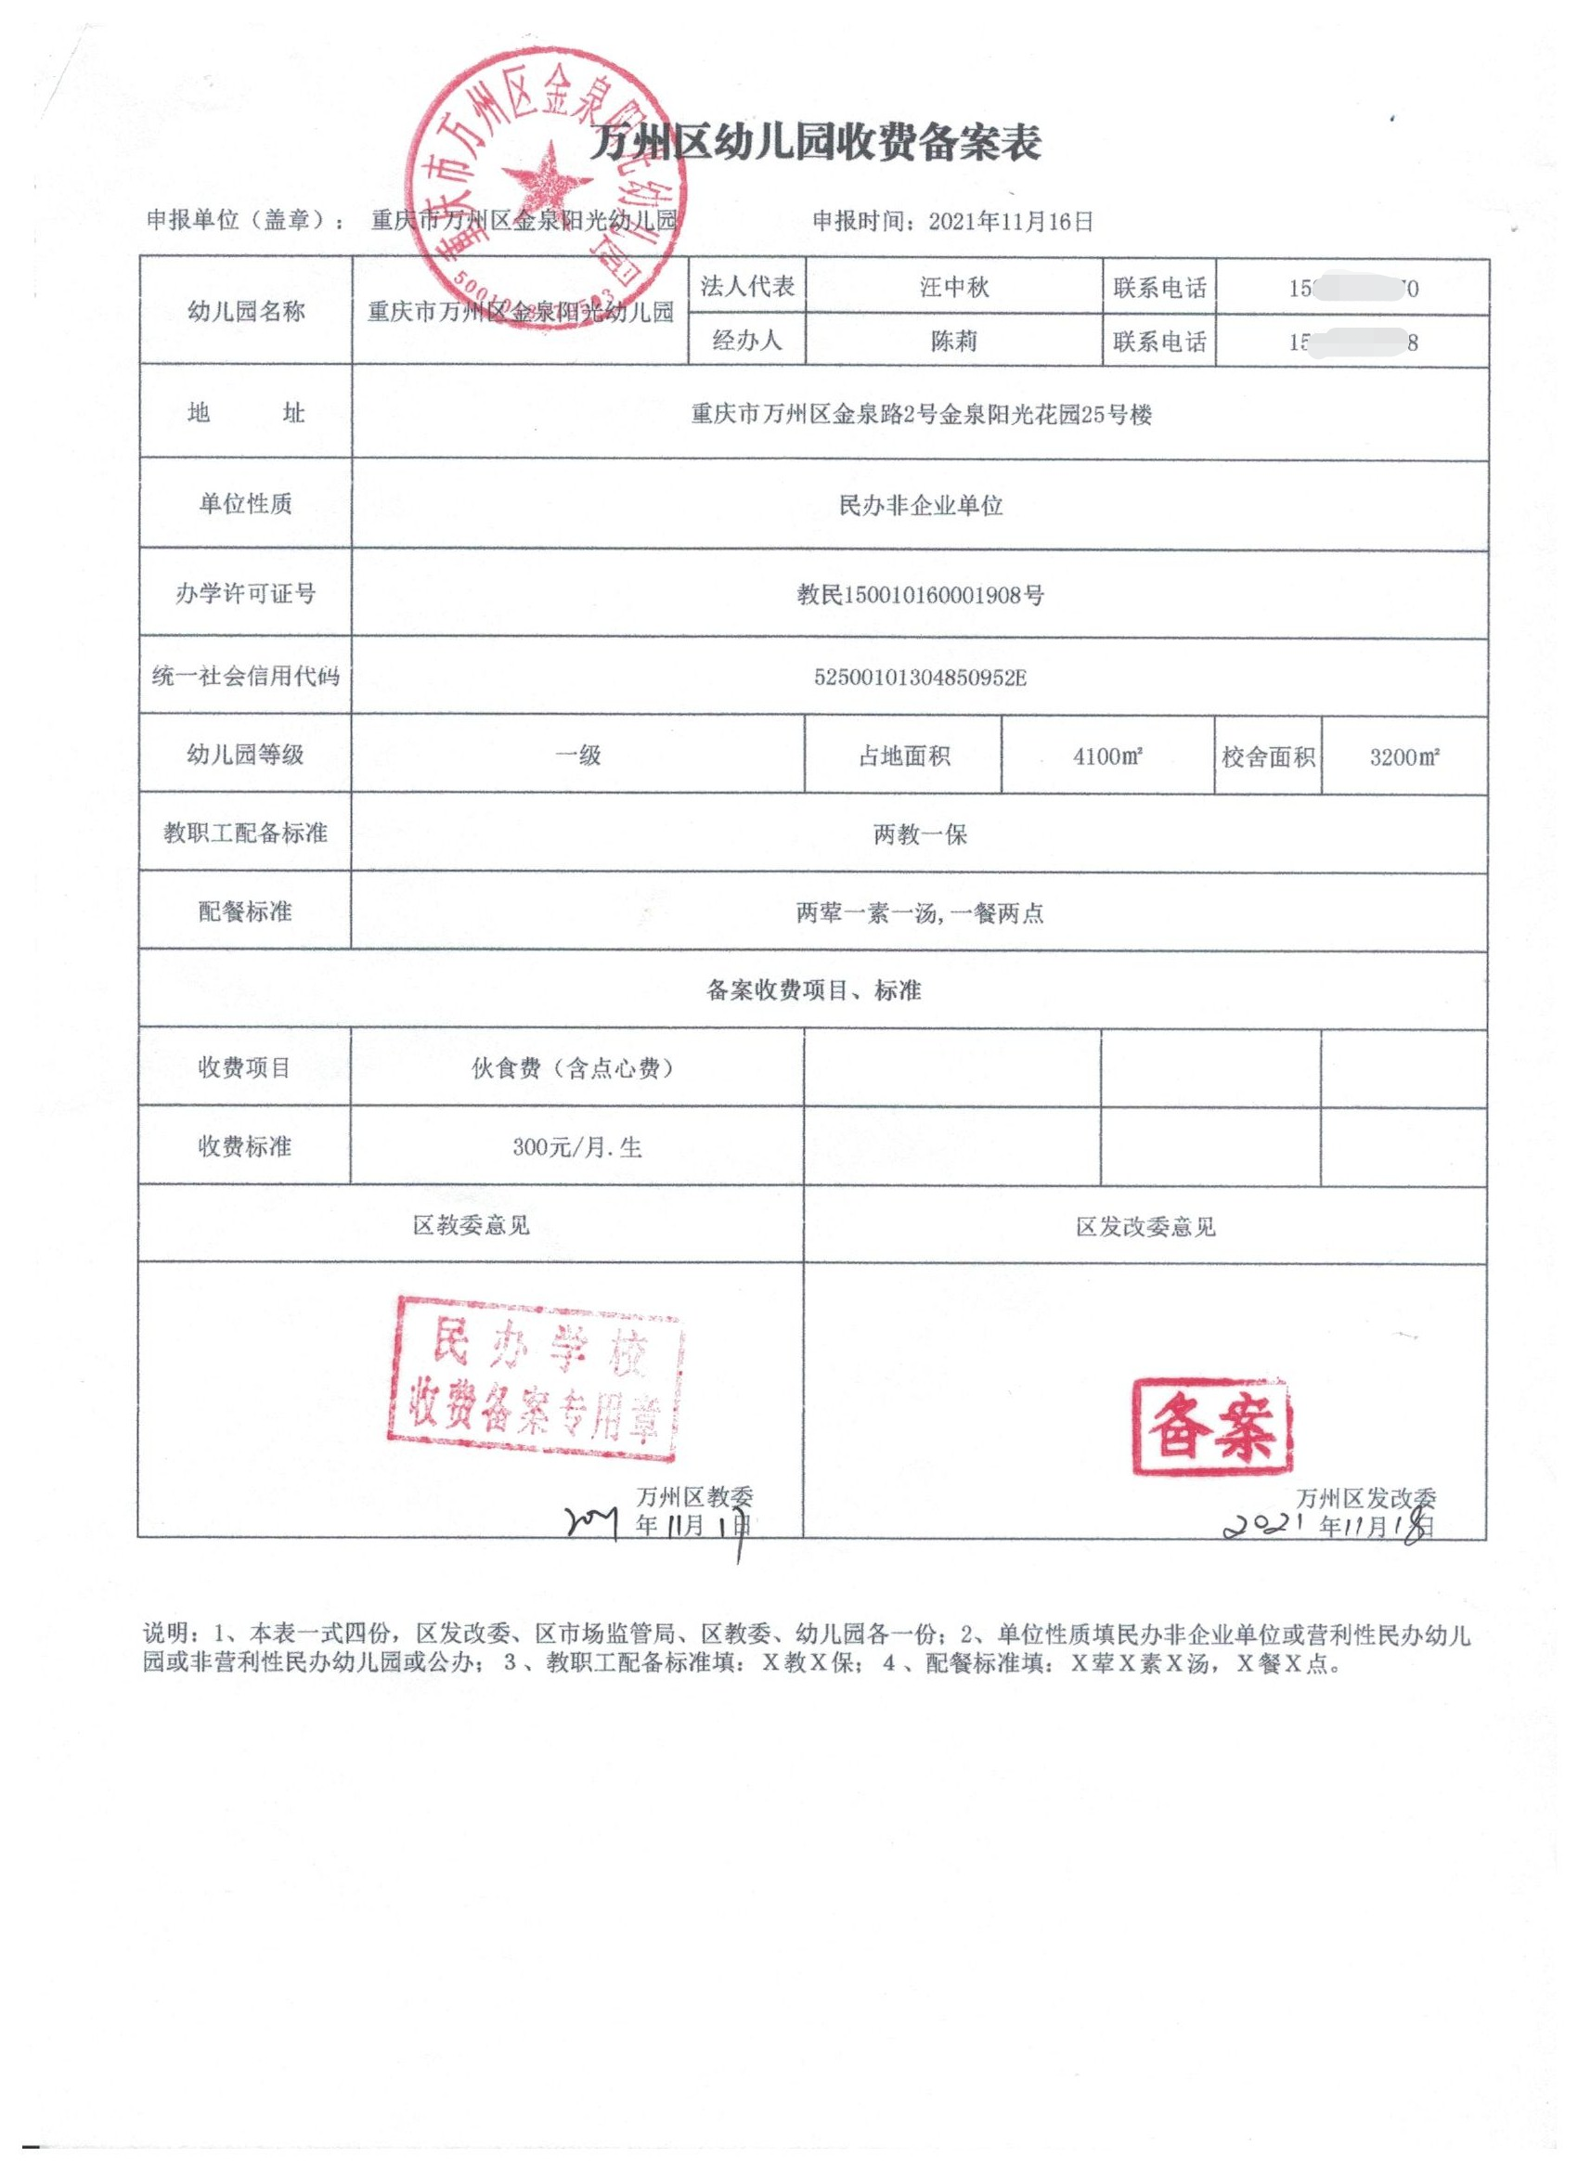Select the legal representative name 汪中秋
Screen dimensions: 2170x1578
953,286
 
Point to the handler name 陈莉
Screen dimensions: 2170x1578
953,342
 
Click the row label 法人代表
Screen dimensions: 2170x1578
746,286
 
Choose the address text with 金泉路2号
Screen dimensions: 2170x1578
921,414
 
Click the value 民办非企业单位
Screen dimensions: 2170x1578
921,505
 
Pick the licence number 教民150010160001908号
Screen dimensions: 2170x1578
921,595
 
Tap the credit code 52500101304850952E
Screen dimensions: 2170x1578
921,678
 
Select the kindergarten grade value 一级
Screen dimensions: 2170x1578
578,756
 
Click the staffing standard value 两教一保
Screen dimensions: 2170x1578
921,834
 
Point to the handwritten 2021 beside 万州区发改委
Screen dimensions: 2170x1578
1267,1525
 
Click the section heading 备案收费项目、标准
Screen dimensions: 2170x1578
813,990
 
